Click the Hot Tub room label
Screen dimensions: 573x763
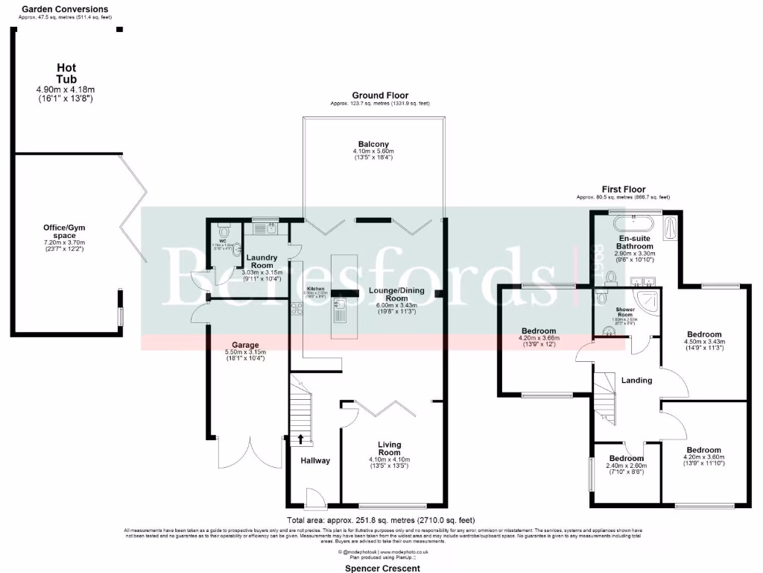click(66, 74)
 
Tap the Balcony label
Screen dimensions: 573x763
click(373, 144)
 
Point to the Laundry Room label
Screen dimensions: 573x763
click(262, 262)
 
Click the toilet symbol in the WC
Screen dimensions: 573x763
click(222, 231)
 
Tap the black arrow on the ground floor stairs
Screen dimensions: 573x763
click(301, 439)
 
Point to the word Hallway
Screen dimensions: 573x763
click(314, 460)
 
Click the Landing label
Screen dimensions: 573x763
click(636, 380)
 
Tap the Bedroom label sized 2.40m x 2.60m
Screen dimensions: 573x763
click(626, 458)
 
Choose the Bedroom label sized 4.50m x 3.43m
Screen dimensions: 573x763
click(703, 334)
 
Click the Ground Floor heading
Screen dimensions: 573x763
click(380, 95)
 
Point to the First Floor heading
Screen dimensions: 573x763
click(624, 190)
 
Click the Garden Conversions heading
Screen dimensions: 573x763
click(64, 9)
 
